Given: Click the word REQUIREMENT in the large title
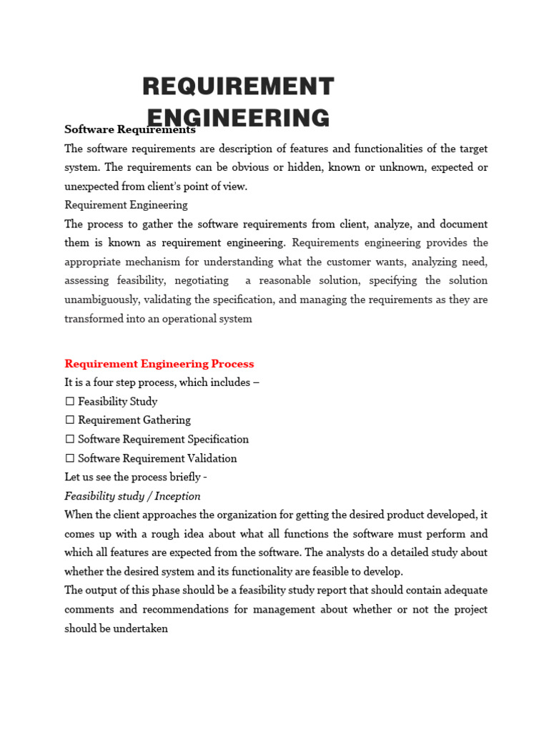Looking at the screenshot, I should point(238,86).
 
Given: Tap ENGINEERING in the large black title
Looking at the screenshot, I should point(238,118).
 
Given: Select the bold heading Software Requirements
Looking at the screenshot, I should point(129,130).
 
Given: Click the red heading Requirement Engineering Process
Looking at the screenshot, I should point(159,364).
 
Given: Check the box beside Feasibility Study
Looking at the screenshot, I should point(69,402).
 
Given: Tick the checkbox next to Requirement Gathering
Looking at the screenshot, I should point(69,420).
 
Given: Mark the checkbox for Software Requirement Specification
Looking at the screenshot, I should point(69,440).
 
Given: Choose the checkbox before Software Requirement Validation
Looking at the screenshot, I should point(69,458).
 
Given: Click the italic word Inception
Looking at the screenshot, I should point(177,496).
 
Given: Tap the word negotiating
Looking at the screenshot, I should point(201,281).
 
